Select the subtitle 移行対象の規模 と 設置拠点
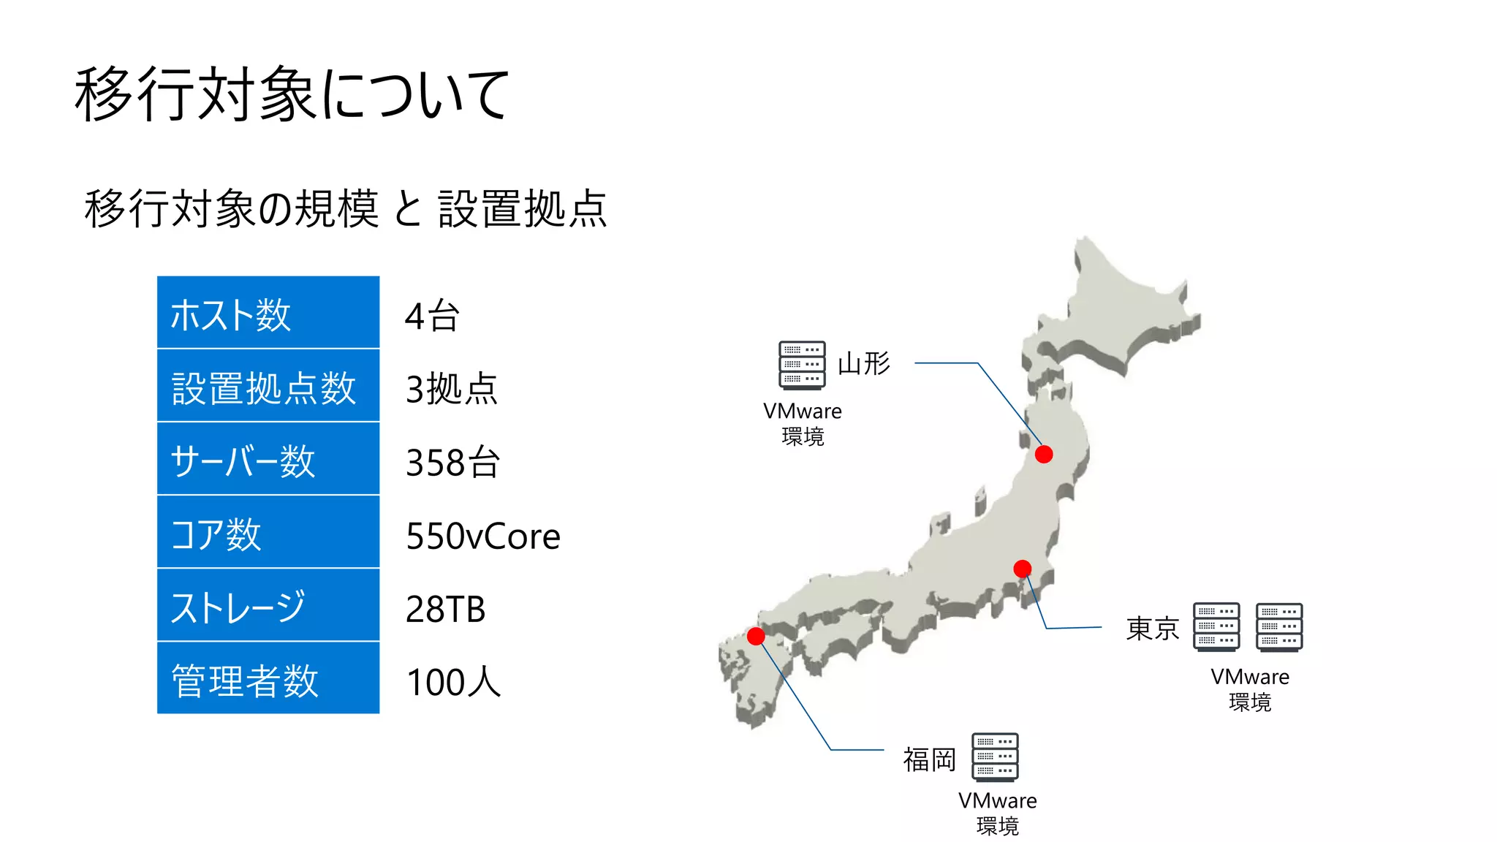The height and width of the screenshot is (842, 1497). coord(345,208)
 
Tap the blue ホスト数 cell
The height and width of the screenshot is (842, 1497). coord(268,313)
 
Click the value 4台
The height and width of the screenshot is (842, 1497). coord(432,316)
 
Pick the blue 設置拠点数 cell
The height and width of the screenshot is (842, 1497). coord(268,387)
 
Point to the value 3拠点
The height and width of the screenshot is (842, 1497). coord(451,388)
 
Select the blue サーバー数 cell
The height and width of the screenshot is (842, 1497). coord(268,460)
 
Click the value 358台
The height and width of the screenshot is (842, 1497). coord(452,462)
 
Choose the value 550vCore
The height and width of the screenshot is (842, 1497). coord(482,536)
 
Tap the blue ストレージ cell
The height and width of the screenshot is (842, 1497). coord(268,606)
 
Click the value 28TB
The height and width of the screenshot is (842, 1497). coord(445,609)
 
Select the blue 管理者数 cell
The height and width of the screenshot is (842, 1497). coord(268,679)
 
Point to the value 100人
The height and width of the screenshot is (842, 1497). coord(453,682)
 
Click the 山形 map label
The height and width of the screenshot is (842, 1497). coord(863,363)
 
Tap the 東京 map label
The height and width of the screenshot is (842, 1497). coord(1152,628)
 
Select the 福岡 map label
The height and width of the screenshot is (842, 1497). coord(929,759)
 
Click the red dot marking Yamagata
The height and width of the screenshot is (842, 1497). coord(1044,454)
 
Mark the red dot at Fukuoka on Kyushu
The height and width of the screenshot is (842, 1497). coord(756,636)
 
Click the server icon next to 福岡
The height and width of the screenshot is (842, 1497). coord(995,757)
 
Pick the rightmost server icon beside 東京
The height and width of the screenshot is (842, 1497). coord(1278,626)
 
